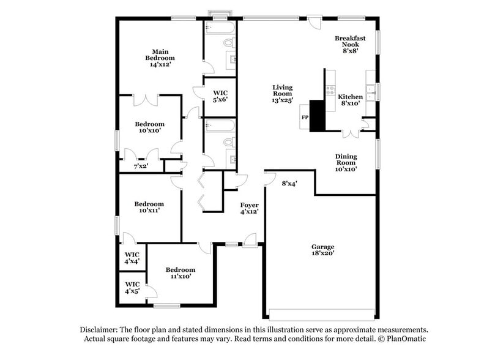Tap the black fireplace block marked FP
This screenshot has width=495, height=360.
[x=316, y=116]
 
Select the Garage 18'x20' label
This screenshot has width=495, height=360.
[x=322, y=250]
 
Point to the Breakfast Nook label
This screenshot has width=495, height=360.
[x=350, y=45]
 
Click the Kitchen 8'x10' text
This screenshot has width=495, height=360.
[x=350, y=100]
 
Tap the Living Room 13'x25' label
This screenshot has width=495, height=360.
[x=283, y=94]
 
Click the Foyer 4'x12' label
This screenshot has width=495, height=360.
[x=249, y=208]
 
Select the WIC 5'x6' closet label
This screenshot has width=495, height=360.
[x=220, y=95]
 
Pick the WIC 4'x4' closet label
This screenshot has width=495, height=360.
[x=132, y=257]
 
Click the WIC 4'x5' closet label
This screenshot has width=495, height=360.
[x=132, y=288]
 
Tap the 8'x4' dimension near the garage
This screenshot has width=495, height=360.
[x=289, y=183]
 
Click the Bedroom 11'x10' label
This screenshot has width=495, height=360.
[x=180, y=272]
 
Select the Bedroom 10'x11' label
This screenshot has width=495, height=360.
[x=149, y=207]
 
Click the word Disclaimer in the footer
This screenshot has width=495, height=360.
[x=100, y=329]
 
